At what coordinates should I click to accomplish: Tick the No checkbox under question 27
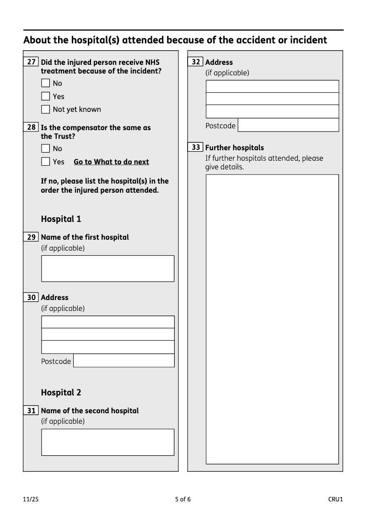click(45, 83)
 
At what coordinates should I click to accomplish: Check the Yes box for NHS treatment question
click(45, 96)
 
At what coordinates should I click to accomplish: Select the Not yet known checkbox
click(45, 109)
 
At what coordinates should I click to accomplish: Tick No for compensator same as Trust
click(45, 148)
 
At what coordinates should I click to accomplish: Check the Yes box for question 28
click(45, 162)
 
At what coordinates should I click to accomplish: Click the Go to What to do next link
click(111, 162)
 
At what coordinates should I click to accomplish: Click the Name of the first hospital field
click(108, 269)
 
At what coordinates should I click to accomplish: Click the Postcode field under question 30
click(124, 361)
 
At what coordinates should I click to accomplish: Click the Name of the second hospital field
click(108, 442)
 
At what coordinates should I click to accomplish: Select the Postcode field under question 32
click(288, 125)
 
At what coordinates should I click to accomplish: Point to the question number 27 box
click(31, 62)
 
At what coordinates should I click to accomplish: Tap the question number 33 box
click(195, 147)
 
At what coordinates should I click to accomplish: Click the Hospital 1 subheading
click(61, 219)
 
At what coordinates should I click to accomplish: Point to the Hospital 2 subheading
click(61, 392)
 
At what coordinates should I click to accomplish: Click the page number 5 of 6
click(183, 499)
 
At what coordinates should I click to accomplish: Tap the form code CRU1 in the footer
click(335, 499)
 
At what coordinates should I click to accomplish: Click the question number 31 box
click(31, 411)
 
